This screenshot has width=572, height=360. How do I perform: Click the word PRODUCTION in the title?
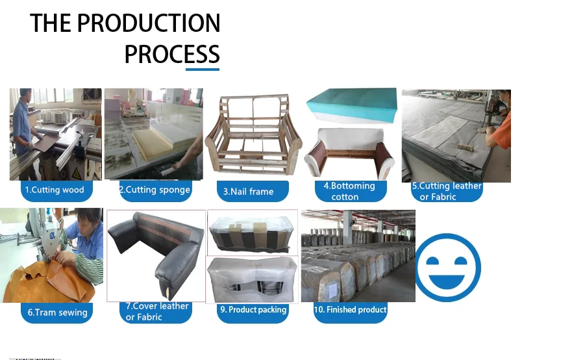(149, 24)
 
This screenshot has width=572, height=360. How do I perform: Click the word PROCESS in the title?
(171, 55)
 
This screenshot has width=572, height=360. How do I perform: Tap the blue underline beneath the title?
(203, 68)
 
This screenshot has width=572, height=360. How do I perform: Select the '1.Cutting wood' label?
(54, 190)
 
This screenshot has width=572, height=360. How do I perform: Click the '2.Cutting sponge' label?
(155, 190)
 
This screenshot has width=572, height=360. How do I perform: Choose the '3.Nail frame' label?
(248, 192)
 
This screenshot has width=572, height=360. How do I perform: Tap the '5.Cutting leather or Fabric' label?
(447, 191)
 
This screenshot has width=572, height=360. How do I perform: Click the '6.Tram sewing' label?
(57, 313)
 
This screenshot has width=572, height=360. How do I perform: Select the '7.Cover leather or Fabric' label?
(156, 311)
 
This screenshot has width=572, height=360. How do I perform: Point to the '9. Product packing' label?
(253, 310)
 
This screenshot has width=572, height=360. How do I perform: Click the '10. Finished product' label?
(350, 310)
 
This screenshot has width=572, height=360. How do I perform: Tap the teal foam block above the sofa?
(351, 105)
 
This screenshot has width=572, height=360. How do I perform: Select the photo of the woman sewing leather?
(51, 255)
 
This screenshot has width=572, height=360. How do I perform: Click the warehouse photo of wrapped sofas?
(358, 255)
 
